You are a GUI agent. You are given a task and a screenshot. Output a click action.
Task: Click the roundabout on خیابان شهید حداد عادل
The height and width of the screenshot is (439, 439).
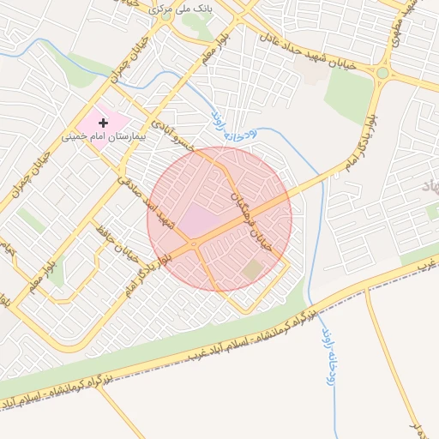[382, 73]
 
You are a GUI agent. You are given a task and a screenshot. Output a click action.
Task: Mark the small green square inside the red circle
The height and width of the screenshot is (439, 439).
[252, 270]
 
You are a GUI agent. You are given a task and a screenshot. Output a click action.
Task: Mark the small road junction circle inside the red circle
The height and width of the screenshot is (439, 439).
[196, 245]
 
